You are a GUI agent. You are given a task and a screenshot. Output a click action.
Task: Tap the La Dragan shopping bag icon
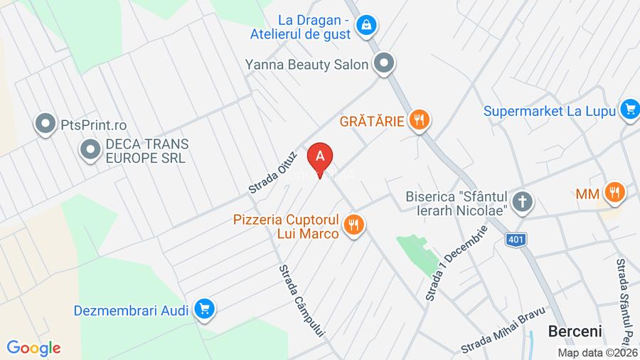(x=367, y=26)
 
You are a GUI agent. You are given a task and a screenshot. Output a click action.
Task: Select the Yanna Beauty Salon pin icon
(x=385, y=65)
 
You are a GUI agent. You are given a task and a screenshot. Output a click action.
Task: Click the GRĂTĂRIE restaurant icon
(x=420, y=120)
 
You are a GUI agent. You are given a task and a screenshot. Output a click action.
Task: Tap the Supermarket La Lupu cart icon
(x=629, y=110)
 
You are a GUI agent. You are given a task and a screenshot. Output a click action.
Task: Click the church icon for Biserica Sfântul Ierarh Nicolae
(x=523, y=202)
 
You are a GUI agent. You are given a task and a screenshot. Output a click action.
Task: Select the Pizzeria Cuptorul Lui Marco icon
(x=353, y=226)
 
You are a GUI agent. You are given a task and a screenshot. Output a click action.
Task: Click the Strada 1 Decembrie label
(x=457, y=263)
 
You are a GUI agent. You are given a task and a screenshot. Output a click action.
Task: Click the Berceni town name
(x=575, y=331)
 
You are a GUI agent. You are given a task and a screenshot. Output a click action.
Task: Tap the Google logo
(x=33, y=348)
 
